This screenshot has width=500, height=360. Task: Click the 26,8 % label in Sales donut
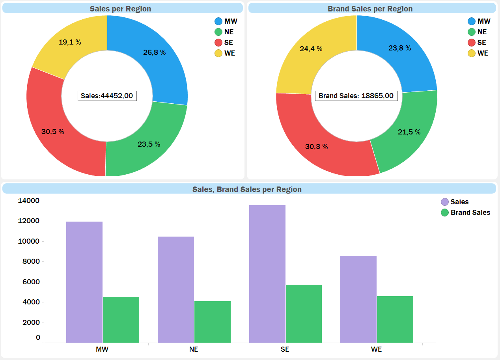coord(154,52)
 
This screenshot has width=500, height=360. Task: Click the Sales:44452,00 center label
coord(107,95)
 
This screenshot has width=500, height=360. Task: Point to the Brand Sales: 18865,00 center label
coord(356,96)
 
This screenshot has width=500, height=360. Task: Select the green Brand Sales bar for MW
coord(121,319)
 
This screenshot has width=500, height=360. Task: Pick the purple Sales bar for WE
coord(358,299)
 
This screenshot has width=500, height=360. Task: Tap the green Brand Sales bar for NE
coord(213,322)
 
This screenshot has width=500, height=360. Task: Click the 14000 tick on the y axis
coord(29,201)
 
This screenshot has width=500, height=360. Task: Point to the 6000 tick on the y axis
coord(29,282)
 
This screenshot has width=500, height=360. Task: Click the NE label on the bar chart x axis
coord(194,349)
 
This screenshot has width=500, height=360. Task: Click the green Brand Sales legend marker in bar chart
coord(445,213)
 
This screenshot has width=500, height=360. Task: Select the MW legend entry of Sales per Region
coord(226,21)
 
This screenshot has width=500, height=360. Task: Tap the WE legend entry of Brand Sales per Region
coord(478,53)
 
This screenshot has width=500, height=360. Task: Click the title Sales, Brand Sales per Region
coord(247,189)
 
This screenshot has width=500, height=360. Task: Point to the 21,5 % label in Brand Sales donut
coord(409,132)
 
